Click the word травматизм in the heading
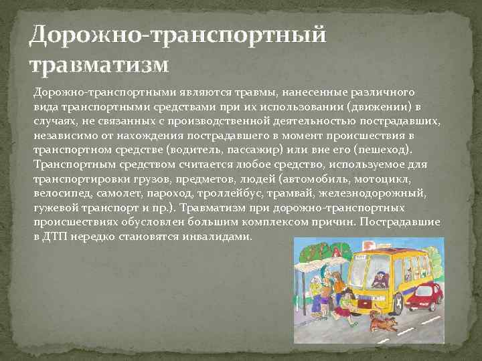(x=99, y=65)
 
